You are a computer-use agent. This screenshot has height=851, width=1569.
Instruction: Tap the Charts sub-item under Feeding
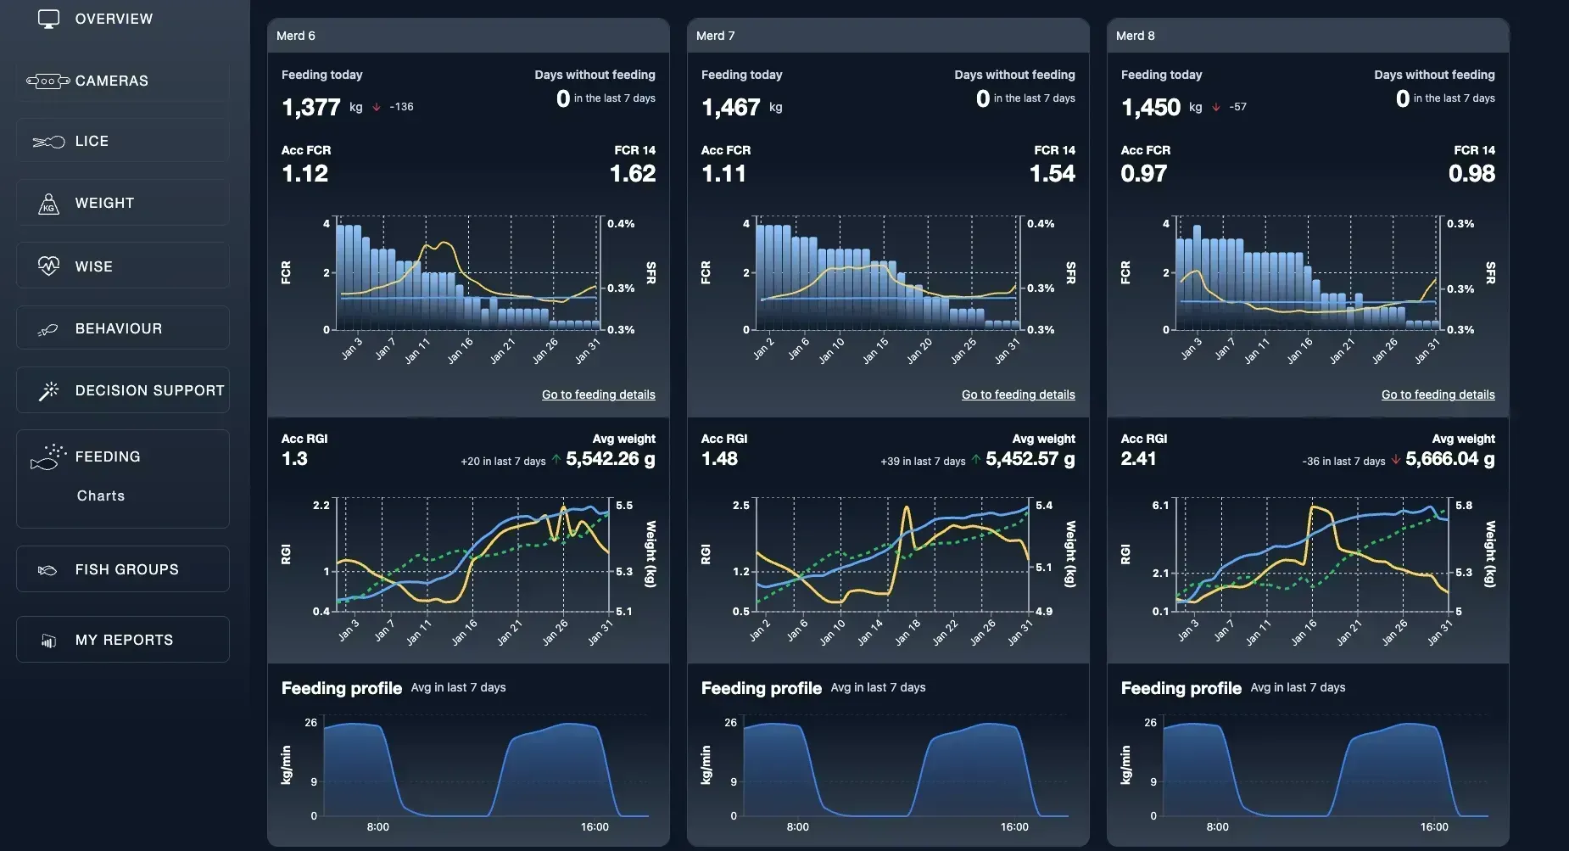(101, 495)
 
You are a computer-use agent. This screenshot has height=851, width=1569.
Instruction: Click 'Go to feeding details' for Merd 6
(599, 395)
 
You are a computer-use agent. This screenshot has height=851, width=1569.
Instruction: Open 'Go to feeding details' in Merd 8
(1438, 395)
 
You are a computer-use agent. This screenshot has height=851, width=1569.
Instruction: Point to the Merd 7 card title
(715, 36)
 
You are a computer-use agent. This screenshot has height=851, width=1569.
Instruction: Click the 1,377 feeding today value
(311, 108)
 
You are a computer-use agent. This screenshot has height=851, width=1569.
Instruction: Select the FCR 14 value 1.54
(1053, 174)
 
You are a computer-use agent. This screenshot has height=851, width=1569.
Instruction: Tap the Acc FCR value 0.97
(1144, 174)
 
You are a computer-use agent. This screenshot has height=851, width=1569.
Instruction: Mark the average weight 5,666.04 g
(1450, 459)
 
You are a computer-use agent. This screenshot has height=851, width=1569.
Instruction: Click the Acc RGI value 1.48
(719, 459)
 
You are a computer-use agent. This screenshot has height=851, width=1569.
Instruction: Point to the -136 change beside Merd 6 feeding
(401, 107)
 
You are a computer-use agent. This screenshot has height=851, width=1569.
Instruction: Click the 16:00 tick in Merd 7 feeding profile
(1014, 826)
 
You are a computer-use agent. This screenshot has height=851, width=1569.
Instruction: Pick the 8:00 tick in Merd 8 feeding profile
(1217, 826)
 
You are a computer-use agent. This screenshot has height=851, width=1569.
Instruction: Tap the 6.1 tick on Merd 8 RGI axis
(1160, 505)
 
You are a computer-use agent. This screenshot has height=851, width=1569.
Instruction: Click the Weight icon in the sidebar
(49, 203)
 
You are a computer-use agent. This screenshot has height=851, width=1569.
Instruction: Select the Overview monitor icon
(49, 19)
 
